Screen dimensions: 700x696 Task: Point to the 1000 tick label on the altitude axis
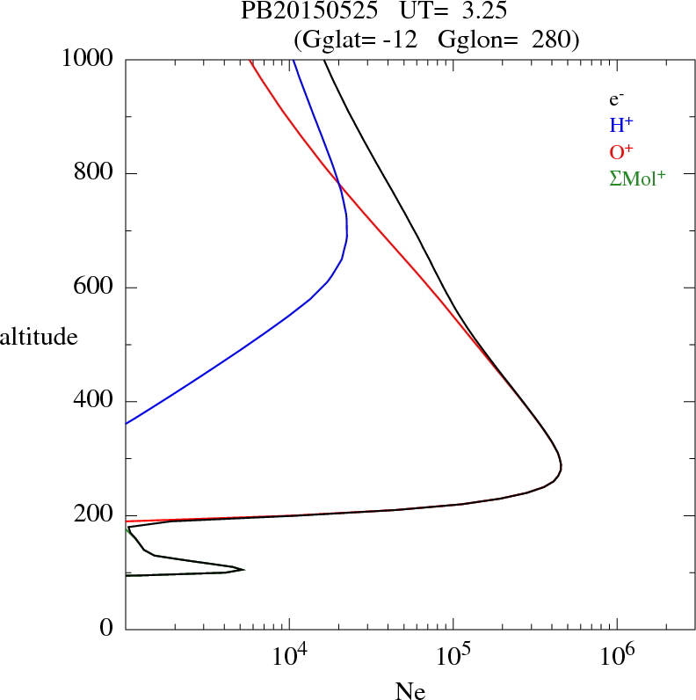pyautogui.click(x=88, y=60)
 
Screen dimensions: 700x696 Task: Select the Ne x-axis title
pyautogui.click(x=410, y=691)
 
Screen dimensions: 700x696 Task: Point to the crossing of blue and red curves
pyautogui.click(x=338, y=183)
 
